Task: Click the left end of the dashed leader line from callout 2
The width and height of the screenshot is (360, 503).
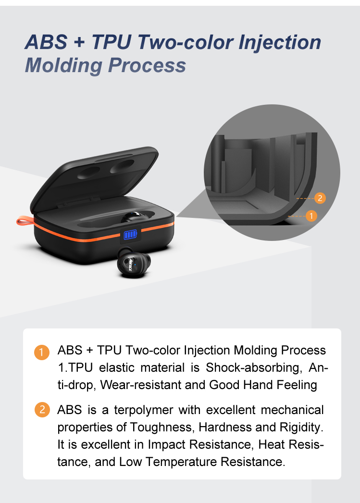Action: pos(297,199)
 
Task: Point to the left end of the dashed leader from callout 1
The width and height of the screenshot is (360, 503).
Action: pos(288,216)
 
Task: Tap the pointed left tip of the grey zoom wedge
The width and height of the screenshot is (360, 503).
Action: pos(176,217)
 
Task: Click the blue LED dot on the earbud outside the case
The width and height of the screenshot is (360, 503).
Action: pos(135,264)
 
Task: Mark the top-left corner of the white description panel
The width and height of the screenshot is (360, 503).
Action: pos(24,329)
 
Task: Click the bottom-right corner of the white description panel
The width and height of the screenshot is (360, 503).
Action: pos(341,479)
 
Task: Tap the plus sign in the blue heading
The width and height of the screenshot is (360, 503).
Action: pos(79,42)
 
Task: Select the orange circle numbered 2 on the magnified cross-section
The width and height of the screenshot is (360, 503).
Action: pos(320,198)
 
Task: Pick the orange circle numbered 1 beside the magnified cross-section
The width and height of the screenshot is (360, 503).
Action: pos(311,216)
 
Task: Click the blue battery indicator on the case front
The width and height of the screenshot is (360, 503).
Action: pos(130,235)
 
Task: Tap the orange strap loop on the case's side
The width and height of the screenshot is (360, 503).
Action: pos(25,220)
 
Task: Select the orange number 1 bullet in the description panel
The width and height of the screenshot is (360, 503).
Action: pos(42,352)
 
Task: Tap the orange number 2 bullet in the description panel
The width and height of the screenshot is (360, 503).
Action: pos(42,410)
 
